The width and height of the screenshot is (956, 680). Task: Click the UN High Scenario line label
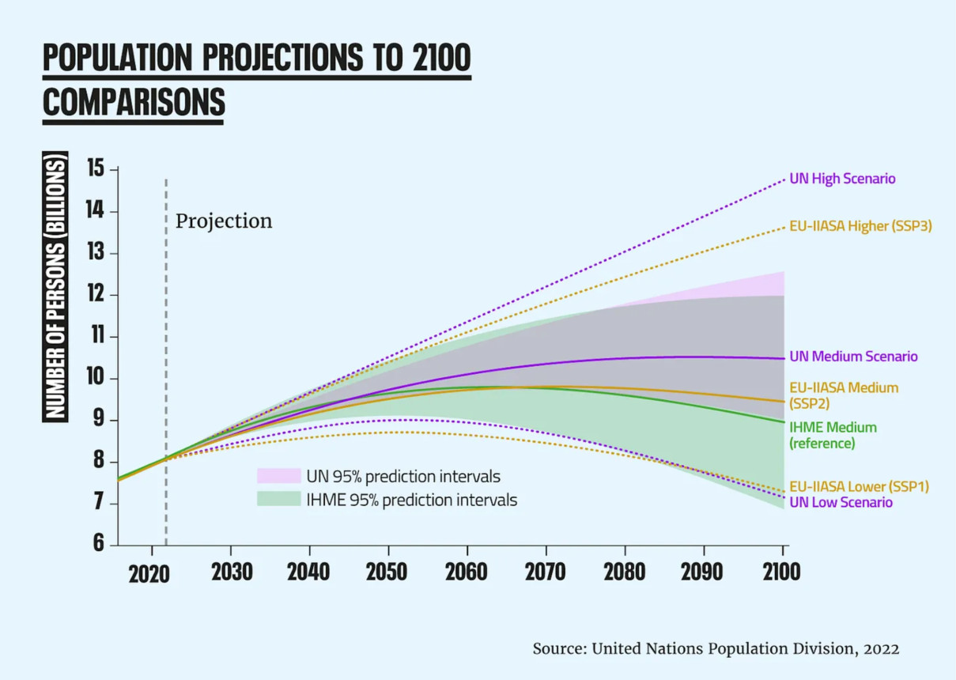click(x=842, y=179)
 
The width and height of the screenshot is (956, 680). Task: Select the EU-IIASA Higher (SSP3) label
click(x=860, y=226)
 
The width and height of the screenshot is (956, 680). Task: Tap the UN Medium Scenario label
click(x=853, y=357)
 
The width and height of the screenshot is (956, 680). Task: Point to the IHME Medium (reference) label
click(x=833, y=436)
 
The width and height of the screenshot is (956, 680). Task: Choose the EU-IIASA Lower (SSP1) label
click(x=859, y=487)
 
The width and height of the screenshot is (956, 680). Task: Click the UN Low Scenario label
click(x=841, y=503)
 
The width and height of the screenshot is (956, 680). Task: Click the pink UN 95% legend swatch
click(x=278, y=476)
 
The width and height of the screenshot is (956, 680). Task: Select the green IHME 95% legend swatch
click(x=278, y=500)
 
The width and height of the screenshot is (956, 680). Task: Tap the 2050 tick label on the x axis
click(x=387, y=572)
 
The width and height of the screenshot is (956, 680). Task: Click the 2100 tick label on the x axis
click(x=780, y=572)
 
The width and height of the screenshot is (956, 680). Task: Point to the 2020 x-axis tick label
click(x=149, y=573)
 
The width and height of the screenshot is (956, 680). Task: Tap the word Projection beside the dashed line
click(x=224, y=221)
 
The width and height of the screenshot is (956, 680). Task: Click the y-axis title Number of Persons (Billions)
click(x=55, y=286)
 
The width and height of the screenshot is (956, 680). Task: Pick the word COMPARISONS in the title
click(x=134, y=103)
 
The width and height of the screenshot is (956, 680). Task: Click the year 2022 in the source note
click(x=882, y=649)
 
